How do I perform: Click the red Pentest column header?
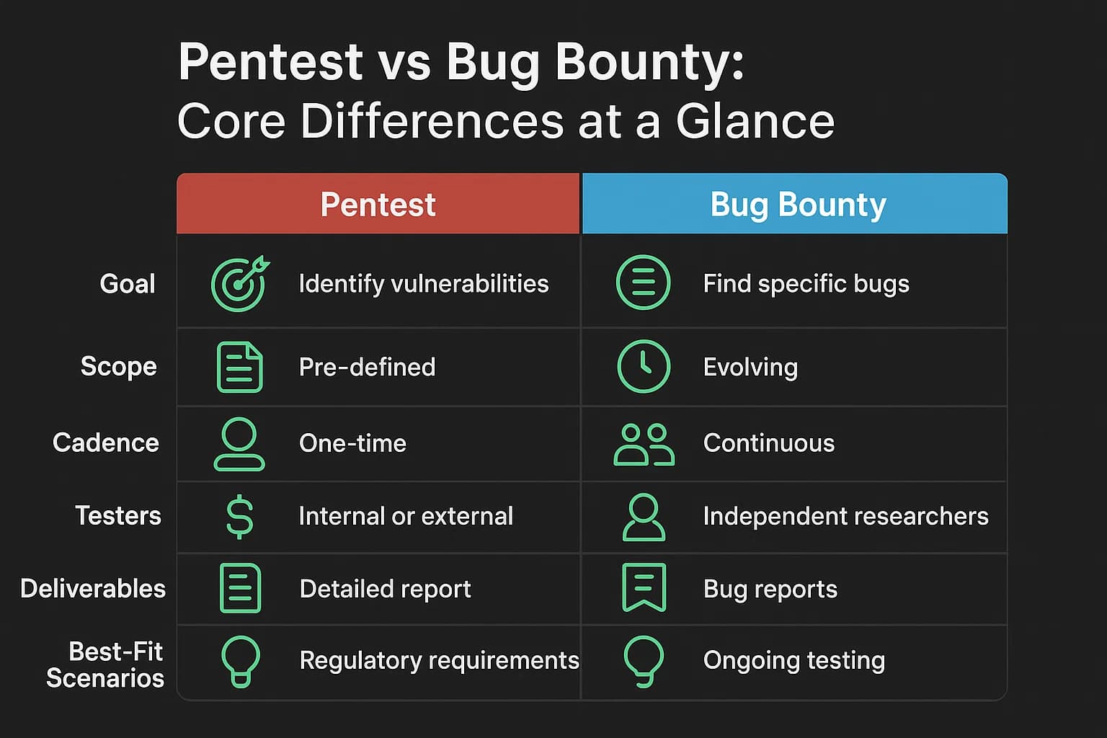378,204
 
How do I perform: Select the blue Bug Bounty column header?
798,204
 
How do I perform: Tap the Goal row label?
128,283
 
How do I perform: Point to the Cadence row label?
106,443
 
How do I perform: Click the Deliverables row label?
93,588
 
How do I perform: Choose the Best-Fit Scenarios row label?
105,664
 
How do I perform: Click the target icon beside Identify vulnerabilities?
239,283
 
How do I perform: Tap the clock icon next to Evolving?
644,366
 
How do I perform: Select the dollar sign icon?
240,516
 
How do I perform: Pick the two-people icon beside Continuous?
644,444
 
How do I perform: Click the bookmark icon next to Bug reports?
644,587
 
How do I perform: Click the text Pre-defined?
367,367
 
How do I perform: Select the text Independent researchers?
845,516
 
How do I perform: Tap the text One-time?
352,443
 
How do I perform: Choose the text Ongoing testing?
793,660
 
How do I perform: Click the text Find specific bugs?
806,284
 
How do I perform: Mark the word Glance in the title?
755,121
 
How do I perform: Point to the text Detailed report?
385,589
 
